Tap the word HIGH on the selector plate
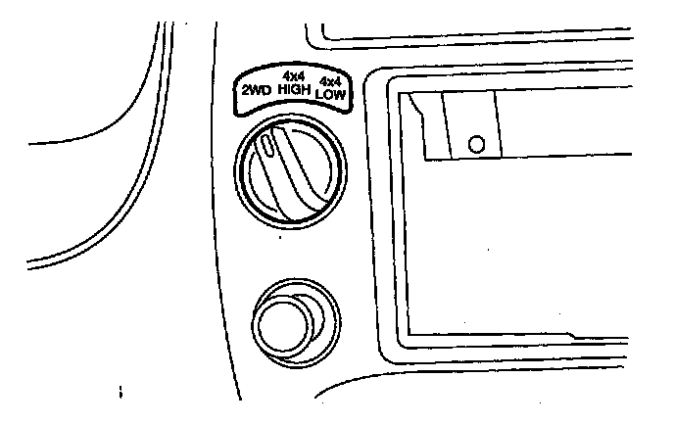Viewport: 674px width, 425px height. pyautogui.click(x=293, y=89)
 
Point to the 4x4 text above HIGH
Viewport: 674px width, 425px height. pyautogui.click(x=293, y=75)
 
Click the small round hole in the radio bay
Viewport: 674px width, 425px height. pyautogui.click(x=477, y=144)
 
